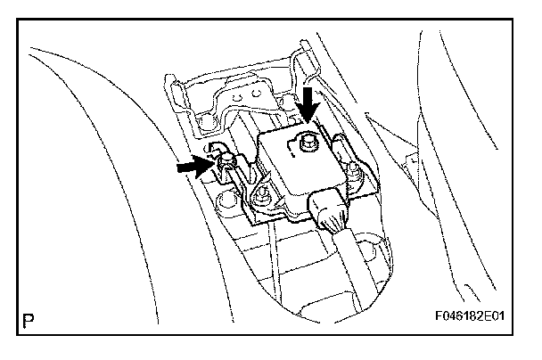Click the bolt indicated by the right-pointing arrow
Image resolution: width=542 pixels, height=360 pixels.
coord(226,160)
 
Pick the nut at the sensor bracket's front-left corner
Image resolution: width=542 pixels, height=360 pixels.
coord(261,192)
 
